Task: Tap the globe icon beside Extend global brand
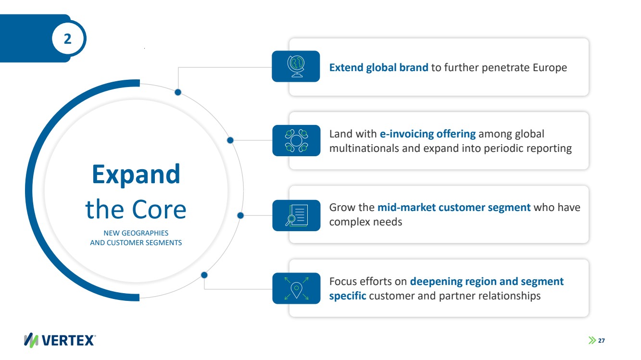(x=296, y=66)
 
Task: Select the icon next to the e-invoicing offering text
(x=296, y=140)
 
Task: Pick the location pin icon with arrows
(x=296, y=288)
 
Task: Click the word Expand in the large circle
(x=136, y=174)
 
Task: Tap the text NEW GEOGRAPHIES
(x=136, y=233)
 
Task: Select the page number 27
(x=601, y=341)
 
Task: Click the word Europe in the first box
(x=550, y=68)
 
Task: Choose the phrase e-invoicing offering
(x=427, y=134)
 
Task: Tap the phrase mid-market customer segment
(x=454, y=208)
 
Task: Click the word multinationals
(x=364, y=148)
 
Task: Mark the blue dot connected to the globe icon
(x=178, y=92)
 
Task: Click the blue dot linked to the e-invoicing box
(x=230, y=140)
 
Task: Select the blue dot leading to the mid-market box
(x=240, y=215)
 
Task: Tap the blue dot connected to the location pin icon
(x=204, y=275)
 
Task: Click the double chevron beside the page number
(x=592, y=341)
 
